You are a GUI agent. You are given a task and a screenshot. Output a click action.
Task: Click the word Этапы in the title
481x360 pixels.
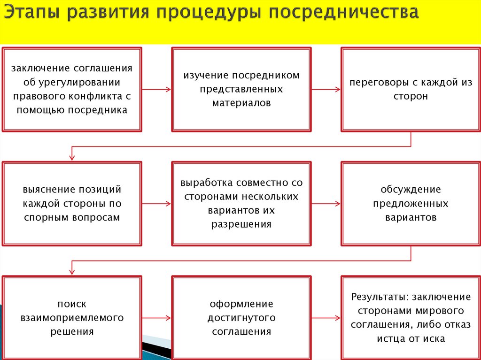[x=32, y=13]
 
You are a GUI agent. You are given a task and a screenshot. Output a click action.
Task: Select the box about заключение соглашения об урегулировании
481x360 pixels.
[x=72, y=89]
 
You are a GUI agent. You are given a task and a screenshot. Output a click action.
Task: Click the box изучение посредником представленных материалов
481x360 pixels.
[x=241, y=89]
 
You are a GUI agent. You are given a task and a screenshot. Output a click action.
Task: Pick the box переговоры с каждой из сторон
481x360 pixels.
[x=411, y=89]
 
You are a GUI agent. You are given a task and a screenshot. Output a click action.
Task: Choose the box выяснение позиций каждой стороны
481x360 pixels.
[x=72, y=204]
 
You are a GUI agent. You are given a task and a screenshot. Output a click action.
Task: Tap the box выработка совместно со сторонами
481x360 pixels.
[x=241, y=204]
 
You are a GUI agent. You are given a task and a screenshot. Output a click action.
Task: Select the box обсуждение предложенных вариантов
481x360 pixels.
[x=411, y=204]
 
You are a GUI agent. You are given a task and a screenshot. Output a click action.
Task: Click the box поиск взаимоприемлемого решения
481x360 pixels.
[x=72, y=318]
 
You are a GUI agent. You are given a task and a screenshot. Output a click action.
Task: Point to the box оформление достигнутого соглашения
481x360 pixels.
[x=241, y=318]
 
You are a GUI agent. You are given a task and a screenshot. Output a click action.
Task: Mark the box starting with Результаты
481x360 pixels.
[x=411, y=318]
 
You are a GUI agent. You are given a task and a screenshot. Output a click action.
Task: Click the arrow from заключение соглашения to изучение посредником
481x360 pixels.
[x=156, y=89]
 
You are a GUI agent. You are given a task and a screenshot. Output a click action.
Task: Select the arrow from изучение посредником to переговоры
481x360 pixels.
[x=326, y=89]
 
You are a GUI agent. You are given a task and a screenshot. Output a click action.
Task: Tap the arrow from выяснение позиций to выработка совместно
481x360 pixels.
[x=156, y=204]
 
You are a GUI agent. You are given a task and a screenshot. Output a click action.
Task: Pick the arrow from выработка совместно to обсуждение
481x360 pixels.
[x=326, y=204]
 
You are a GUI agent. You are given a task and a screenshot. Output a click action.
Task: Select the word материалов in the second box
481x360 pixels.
[x=241, y=103]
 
